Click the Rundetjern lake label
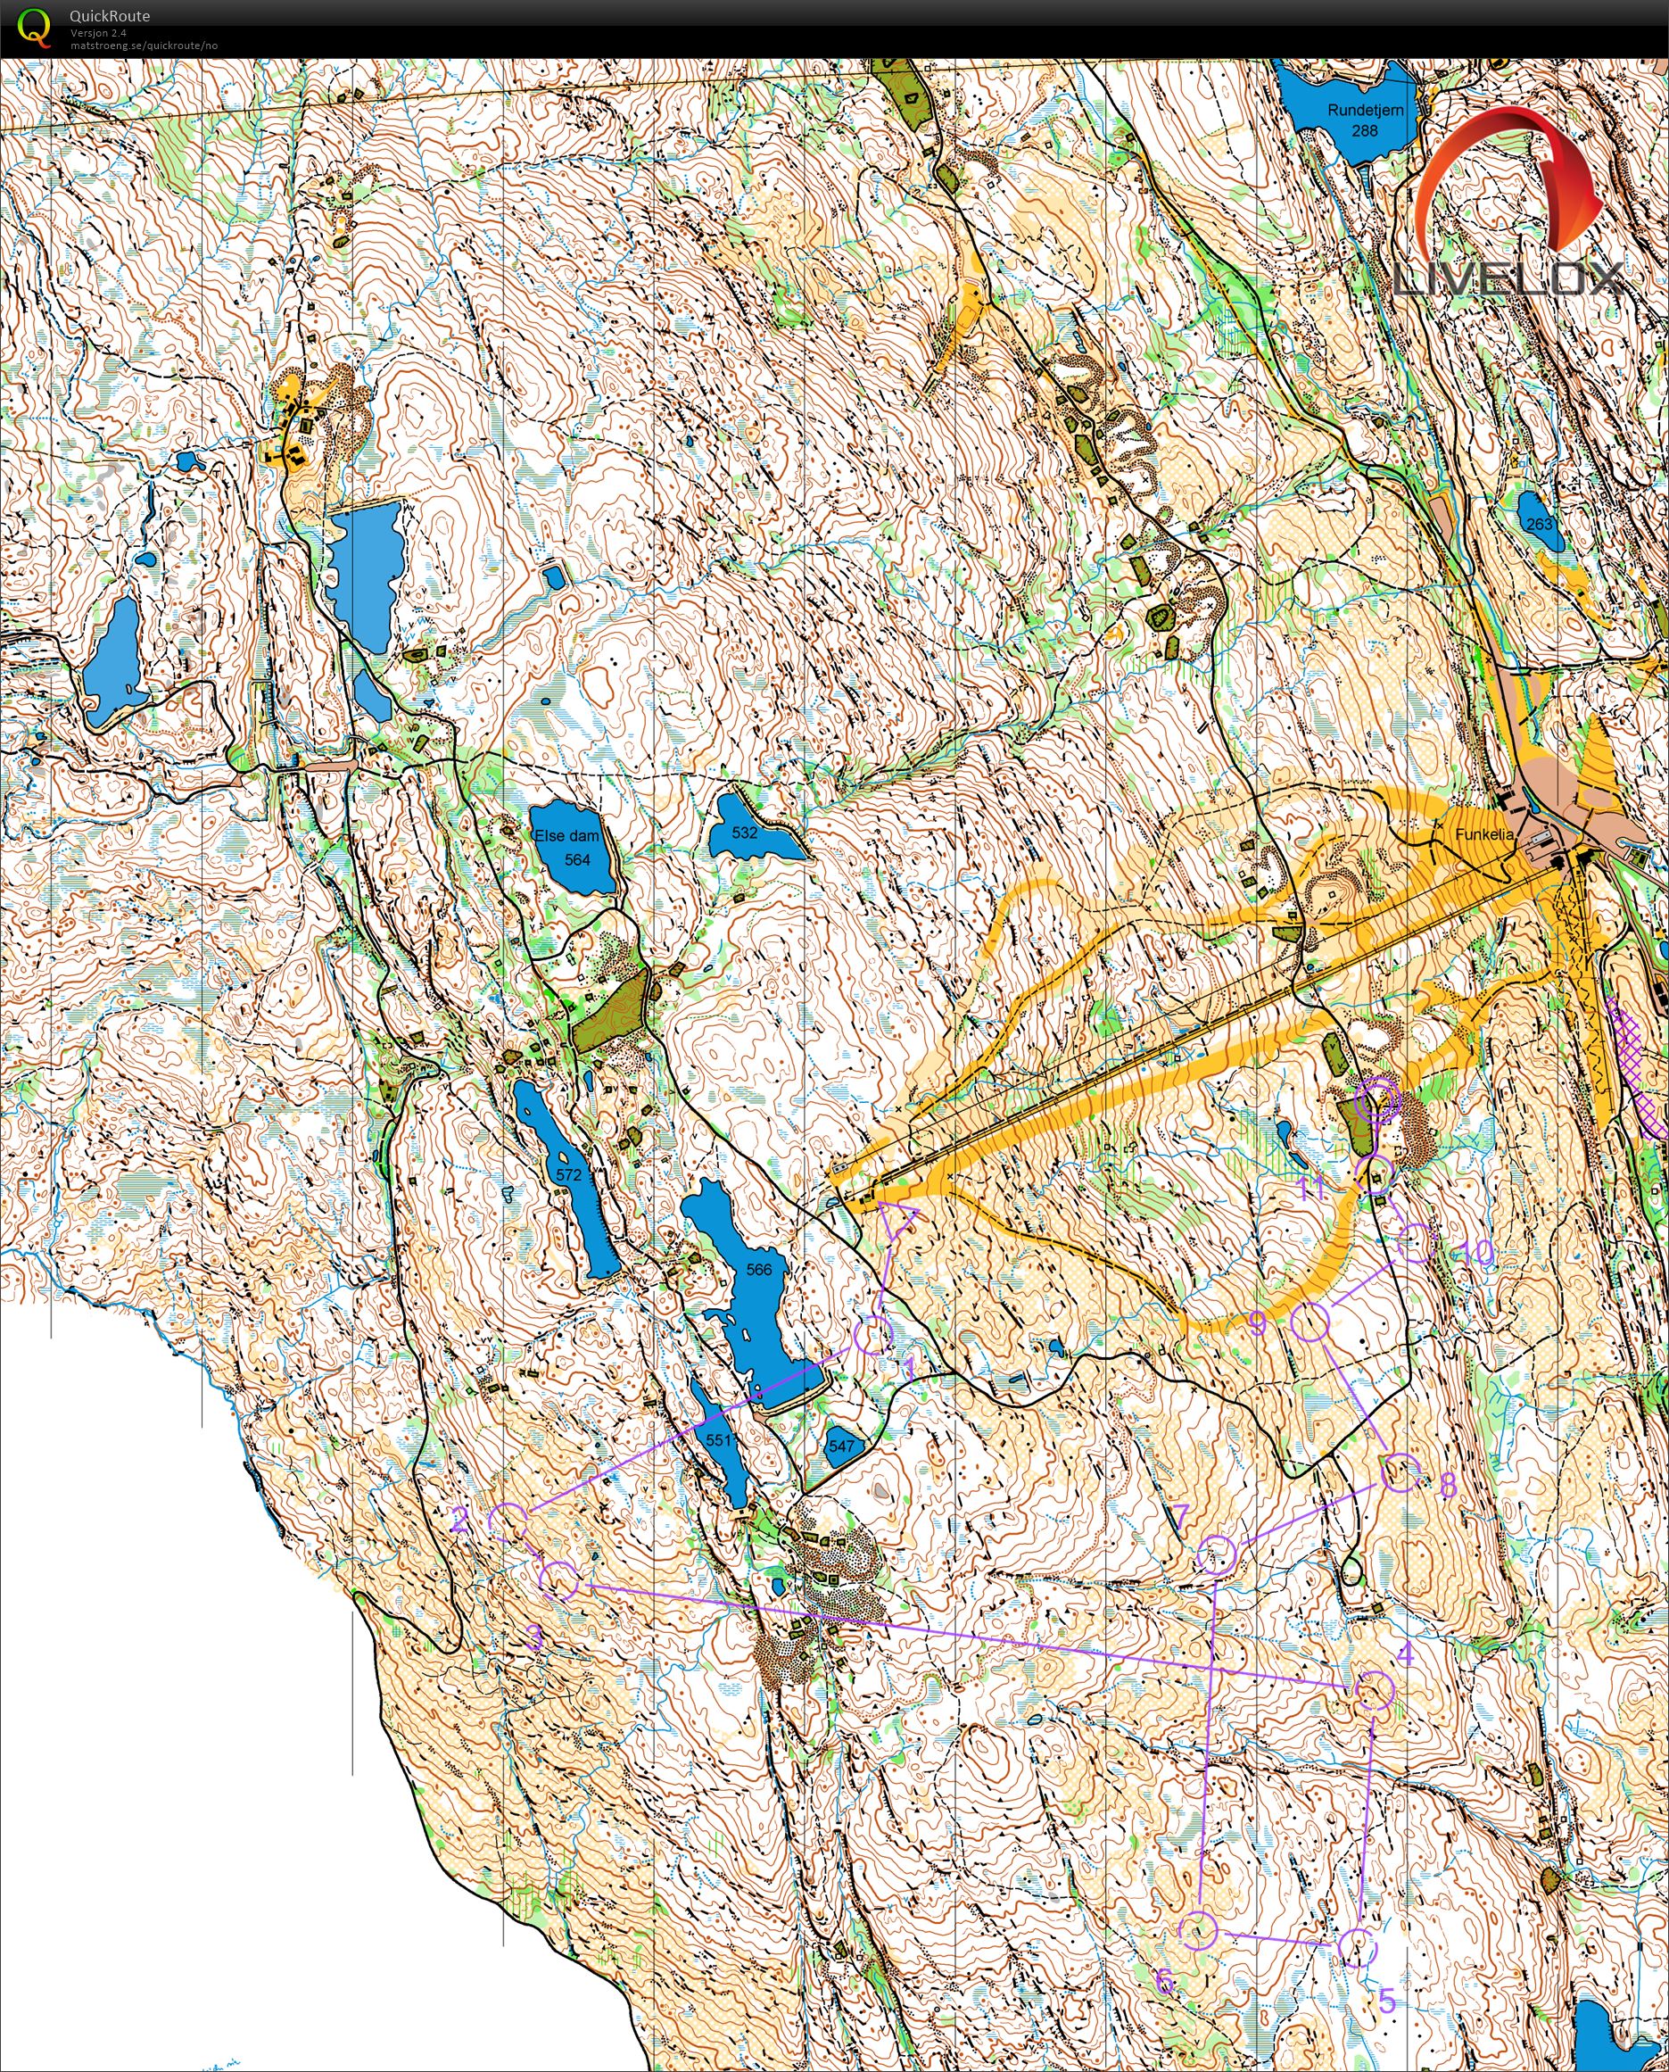(1364, 111)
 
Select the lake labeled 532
(745, 833)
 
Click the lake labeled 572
(568, 1175)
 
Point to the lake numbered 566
(757, 1269)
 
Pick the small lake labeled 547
(841, 1445)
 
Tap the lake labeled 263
(1540, 524)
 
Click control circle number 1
(873, 1338)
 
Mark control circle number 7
(1219, 1554)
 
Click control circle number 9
(1310, 1323)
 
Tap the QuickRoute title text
(110, 16)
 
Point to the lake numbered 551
(718, 1439)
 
